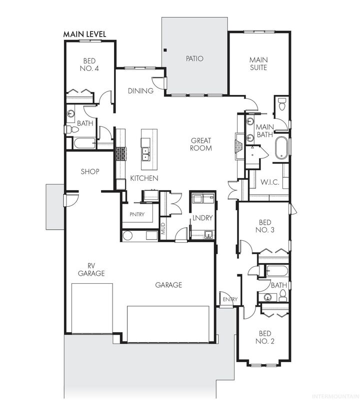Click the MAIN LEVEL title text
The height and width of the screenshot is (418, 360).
point(84,34)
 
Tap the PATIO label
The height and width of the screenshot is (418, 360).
point(194,58)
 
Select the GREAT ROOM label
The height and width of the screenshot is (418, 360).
point(200,144)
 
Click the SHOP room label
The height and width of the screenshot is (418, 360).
point(90,172)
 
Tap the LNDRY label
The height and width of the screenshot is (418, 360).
point(202,218)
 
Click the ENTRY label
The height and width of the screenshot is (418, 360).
point(230,299)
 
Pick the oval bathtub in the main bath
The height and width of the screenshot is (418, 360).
point(281,148)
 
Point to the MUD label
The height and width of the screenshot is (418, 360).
point(163,229)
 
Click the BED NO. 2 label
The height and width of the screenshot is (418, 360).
point(265,338)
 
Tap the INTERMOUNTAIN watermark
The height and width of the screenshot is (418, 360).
point(335,397)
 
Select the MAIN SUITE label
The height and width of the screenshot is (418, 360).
point(258,63)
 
